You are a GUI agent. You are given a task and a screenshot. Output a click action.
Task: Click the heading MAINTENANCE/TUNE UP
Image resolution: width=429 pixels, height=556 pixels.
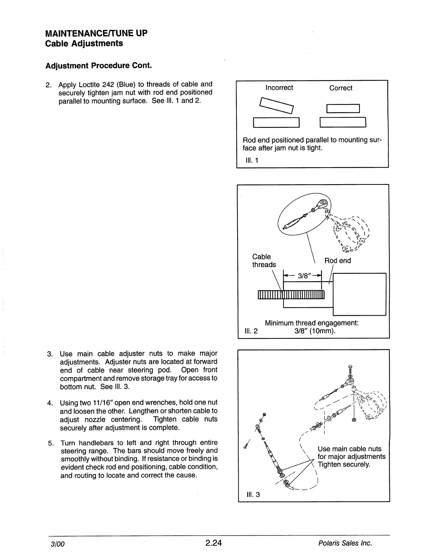coord(97,33)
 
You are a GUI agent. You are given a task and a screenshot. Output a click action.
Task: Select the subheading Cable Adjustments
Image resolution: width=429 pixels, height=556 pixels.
coord(84,44)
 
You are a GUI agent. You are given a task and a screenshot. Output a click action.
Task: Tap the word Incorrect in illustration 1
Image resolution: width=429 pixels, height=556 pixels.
coord(279,88)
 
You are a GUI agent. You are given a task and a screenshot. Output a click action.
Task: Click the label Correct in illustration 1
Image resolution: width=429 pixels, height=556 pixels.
coord(340,88)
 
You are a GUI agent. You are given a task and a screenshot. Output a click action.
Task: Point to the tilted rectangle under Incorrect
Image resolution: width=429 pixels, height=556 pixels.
coord(276,106)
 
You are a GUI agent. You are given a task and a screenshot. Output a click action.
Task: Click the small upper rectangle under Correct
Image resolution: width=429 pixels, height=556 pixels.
coord(343,108)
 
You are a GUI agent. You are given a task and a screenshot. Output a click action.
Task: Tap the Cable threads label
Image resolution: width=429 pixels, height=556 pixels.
coord(264,261)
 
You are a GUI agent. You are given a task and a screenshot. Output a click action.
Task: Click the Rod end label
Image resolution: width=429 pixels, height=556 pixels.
coord(337,261)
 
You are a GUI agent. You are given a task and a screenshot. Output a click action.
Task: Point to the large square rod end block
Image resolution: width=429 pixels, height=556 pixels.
coord(359,294)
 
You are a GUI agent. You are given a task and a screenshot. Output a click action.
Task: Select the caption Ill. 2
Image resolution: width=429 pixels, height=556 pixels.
coord(251,331)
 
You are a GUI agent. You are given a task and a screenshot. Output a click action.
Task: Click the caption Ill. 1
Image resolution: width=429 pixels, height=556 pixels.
coord(252,161)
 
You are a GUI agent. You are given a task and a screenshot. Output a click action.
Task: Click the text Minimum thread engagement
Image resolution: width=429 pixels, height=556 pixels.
coord(311,323)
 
